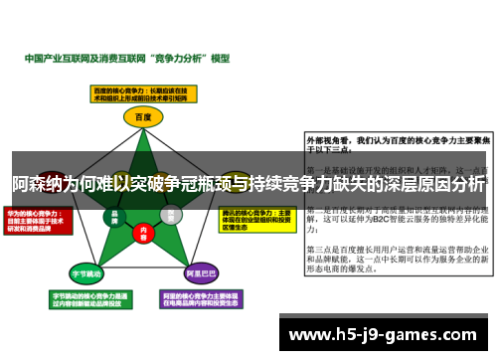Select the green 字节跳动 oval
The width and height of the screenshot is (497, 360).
click(x=85, y=272)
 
